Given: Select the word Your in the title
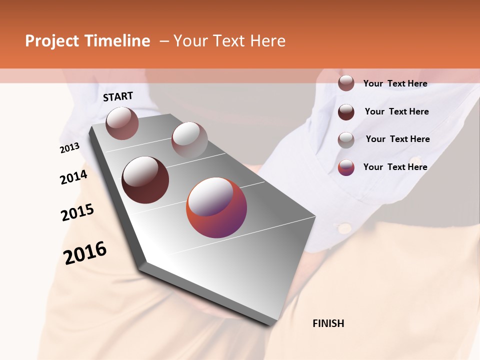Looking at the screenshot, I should point(191,41).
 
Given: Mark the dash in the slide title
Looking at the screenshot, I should point(164,41).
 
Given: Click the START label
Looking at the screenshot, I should point(118,96).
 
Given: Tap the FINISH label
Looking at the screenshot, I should point(328,323).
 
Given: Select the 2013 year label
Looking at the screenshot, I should point(70,148).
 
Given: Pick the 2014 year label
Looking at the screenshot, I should point(73,177).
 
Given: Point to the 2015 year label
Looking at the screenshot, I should point(77,212).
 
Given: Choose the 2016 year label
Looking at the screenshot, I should point(85,252).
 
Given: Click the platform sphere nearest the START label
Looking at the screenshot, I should point(122,123).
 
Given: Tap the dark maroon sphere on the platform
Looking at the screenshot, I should point(145,180).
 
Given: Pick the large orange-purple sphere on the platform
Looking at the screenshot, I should point(216,207).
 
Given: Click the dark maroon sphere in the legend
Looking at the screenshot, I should point(346,112).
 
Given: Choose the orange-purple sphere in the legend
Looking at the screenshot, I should point(346,167).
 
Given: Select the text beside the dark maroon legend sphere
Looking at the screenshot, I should point(396,111).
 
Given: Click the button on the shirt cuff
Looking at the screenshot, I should point(344,228).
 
